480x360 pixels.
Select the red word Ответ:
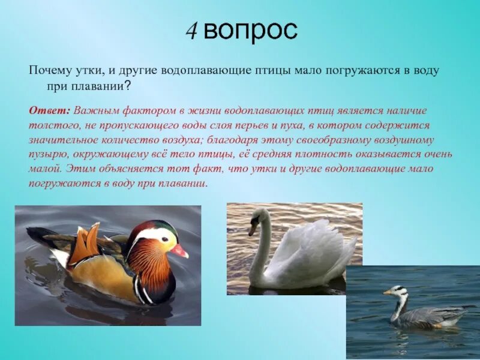click(x=50, y=112)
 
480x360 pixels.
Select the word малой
click(x=46, y=169)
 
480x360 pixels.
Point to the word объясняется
click(x=128, y=169)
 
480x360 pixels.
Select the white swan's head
click(x=259, y=217)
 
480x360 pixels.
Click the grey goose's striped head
click(x=397, y=292)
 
